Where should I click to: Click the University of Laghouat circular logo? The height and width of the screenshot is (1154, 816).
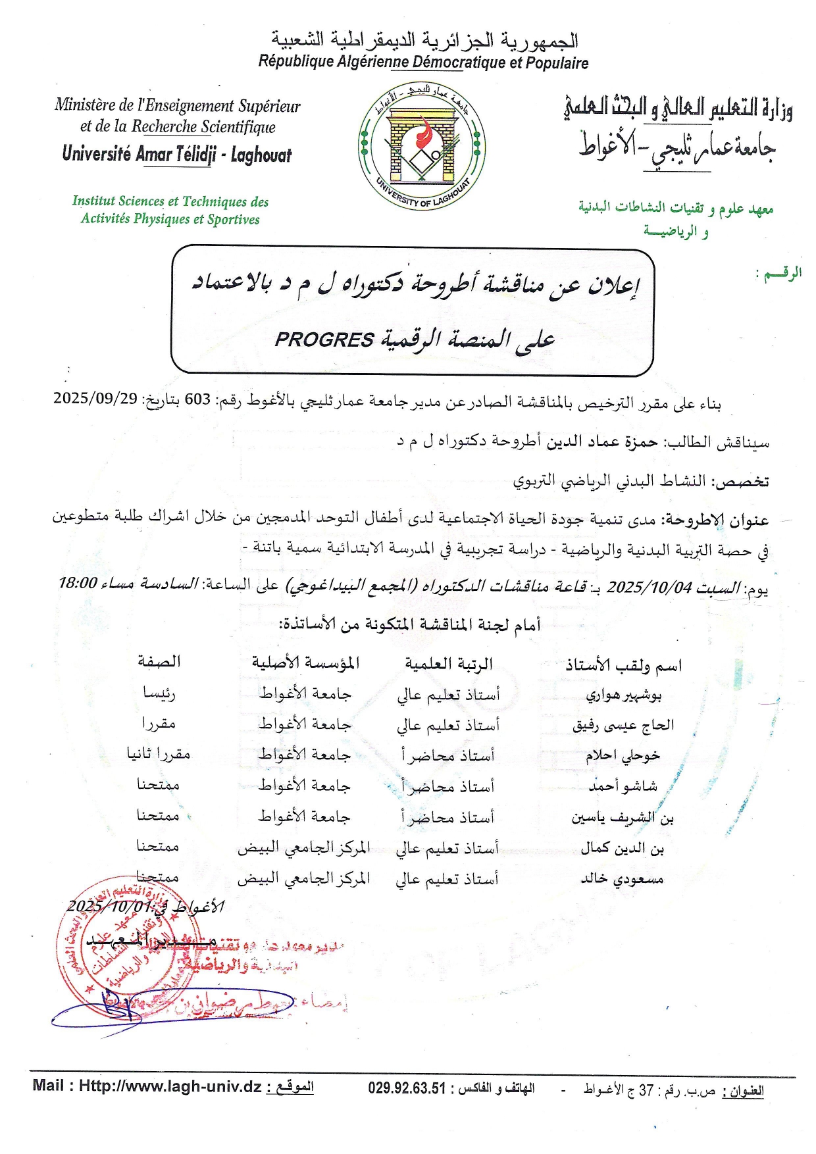click(x=422, y=146)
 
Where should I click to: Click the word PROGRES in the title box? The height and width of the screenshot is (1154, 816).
click(x=324, y=339)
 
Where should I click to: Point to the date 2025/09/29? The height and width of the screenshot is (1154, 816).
click(x=95, y=399)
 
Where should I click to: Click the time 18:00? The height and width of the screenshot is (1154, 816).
click(x=78, y=583)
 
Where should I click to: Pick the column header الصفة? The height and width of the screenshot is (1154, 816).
click(x=159, y=662)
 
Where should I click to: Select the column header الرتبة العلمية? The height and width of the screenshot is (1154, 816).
click(x=448, y=664)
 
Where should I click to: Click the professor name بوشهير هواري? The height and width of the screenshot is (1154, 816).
click(x=623, y=695)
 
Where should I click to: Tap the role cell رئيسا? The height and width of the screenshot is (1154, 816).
click(x=159, y=693)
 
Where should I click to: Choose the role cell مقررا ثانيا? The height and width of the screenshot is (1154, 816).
click(x=159, y=754)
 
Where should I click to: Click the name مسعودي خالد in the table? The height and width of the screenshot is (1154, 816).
click(x=622, y=879)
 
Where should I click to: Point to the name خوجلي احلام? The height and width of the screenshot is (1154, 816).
click(x=623, y=755)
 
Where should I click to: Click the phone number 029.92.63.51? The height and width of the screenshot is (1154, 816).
click(x=407, y=1088)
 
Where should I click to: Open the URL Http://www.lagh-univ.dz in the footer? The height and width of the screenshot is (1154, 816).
click(x=170, y=1086)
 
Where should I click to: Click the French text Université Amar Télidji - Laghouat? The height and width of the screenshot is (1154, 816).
click(x=176, y=155)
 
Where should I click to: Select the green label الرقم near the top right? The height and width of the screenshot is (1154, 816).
click(x=780, y=273)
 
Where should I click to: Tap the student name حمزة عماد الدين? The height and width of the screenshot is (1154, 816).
click(x=602, y=441)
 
